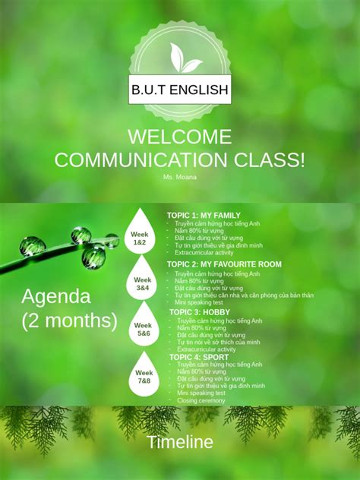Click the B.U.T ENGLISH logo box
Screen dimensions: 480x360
click(x=180, y=90)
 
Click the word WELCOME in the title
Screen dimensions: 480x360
click(x=180, y=137)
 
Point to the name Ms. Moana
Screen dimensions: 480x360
click(x=179, y=177)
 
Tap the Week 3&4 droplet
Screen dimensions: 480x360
click(x=143, y=284)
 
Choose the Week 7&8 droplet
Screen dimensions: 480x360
click(x=144, y=377)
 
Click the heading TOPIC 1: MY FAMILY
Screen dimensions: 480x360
click(x=204, y=216)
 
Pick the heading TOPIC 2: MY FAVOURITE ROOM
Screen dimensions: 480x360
click(x=224, y=264)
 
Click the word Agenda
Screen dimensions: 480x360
click(x=56, y=296)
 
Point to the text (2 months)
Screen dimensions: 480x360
click(x=69, y=321)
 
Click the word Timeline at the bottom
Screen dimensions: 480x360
click(x=180, y=442)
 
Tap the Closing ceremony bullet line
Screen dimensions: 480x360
click(x=202, y=400)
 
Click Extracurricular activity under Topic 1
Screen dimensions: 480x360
click(x=204, y=253)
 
